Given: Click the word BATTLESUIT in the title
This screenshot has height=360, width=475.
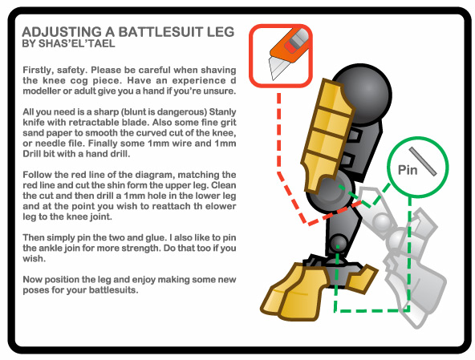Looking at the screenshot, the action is coord(160,32).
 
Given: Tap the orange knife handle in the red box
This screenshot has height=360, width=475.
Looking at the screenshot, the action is coord(290,45).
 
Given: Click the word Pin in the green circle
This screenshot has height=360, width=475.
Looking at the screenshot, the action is coord(408,170).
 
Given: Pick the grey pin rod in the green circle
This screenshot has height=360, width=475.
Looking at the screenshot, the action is coord(423,161).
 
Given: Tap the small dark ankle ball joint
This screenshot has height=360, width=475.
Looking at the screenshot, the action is coord(339,243).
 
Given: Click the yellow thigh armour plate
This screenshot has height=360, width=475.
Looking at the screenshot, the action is coord(327,136).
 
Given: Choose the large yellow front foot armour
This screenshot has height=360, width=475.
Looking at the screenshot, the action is coord(293,292).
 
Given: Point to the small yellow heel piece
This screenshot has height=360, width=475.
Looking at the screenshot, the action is coord(361,278).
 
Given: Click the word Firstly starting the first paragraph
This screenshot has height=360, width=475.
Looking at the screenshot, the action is coord(36,71).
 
